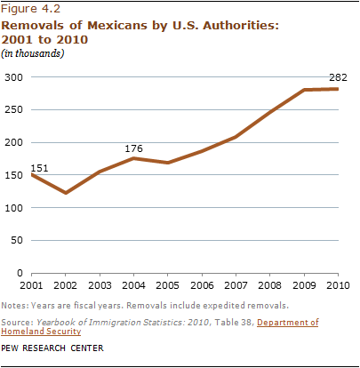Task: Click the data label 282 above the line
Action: pyautogui.click(x=338, y=77)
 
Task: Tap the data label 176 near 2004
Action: pyautogui.click(x=133, y=148)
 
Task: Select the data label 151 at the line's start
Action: pyautogui.click(x=39, y=168)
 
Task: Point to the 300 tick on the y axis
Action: pyautogui.click(x=13, y=77)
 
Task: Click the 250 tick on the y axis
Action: pyautogui.click(x=13, y=109)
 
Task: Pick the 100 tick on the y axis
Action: pyautogui.click(x=13, y=208)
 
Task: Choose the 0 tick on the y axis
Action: pyautogui.click(x=20, y=273)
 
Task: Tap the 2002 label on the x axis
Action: pyautogui.click(x=65, y=285)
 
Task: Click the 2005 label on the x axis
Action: pyautogui.click(x=167, y=285)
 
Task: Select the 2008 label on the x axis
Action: pyautogui.click(x=270, y=285)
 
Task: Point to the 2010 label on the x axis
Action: pyautogui.click(x=338, y=285)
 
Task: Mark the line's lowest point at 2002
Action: pyautogui.click(x=66, y=193)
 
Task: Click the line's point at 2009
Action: pyautogui.click(x=304, y=90)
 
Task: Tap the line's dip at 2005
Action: pyautogui.click(x=168, y=163)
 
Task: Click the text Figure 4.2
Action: pyautogui.click(x=30, y=9)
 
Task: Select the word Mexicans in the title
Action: pyautogui.click(x=117, y=26)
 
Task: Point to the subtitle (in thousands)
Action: pyautogui.click(x=33, y=53)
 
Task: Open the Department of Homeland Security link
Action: pyautogui.click(x=160, y=327)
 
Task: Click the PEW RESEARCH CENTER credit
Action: pyautogui.click(x=52, y=348)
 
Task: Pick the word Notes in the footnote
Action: pyautogui.click(x=14, y=306)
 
